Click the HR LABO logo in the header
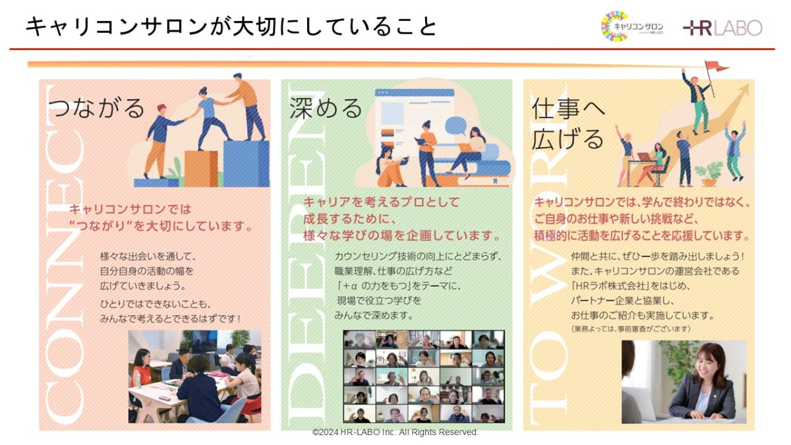(722, 28)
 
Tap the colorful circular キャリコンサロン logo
(615, 26)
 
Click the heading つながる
(96, 108)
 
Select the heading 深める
(326, 108)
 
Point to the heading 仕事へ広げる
(568, 124)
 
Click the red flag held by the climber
(716, 66)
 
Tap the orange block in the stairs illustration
(201, 169)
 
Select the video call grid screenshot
(424, 376)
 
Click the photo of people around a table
(194, 376)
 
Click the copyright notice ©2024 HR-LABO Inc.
(395, 432)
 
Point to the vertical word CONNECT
(65, 254)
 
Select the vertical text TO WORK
(549, 254)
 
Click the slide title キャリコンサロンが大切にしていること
(231, 27)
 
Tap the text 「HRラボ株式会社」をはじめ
(630, 285)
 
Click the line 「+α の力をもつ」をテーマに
(398, 285)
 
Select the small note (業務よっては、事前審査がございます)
(630, 329)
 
